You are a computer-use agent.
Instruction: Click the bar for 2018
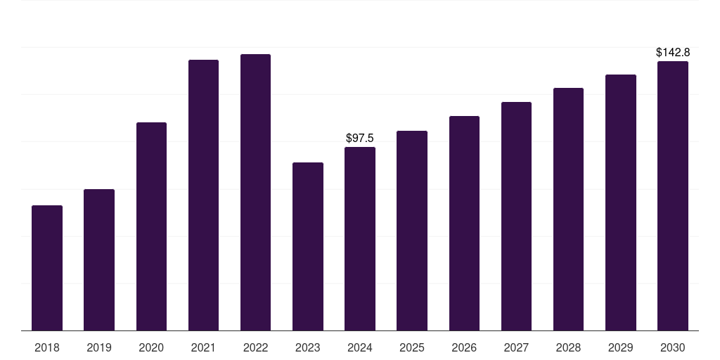click(x=47, y=268)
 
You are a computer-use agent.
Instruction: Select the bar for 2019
click(x=99, y=260)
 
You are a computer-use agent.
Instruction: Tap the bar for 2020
click(x=151, y=226)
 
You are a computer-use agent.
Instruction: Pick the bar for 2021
click(x=203, y=195)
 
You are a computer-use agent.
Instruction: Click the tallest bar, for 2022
click(x=255, y=193)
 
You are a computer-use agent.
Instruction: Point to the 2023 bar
click(x=308, y=247)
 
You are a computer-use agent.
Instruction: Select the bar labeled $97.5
click(x=360, y=239)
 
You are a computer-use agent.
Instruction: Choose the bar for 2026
click(x=464, y=224)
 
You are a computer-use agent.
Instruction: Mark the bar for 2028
click(x=568, y=210)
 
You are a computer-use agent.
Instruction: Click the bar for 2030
click(x=673, y=196)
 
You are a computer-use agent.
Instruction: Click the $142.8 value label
click(x=673, y=53)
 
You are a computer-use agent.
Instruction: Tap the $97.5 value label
click(x=360, y=139)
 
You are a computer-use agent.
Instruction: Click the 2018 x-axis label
click(x=47, y=347)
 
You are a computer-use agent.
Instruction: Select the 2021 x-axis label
click(x=203, y=347)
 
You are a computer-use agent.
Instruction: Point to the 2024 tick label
click(x=360, y=347)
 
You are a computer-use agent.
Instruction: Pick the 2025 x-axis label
click(x=412, y=347)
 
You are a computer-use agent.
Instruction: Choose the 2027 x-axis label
click(x=516, y=347)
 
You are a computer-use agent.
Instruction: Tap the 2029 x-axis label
click(x=620, y=347)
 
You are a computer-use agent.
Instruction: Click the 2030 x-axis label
click(x=673, y=347)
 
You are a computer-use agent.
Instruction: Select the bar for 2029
click(x=620, y=202)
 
